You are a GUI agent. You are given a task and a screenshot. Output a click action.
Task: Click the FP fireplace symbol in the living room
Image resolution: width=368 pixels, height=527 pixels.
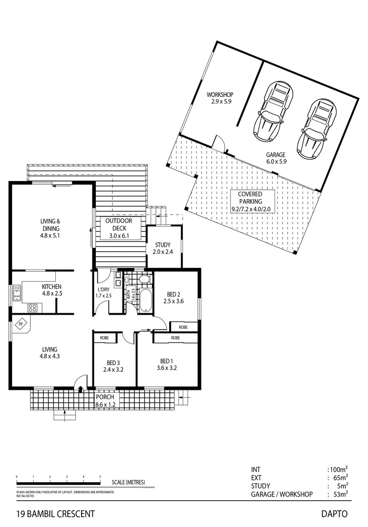pos(21,324)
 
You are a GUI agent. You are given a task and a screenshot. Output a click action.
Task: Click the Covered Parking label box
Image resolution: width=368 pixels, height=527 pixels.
pos(250,202)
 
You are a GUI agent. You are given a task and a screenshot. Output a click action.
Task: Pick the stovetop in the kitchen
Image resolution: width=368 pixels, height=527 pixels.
pos(33,308)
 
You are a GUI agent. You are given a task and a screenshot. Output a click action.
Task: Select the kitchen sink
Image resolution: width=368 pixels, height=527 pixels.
pos(17,293)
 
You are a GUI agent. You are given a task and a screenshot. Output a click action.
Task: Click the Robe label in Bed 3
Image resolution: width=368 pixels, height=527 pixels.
pos(104,337)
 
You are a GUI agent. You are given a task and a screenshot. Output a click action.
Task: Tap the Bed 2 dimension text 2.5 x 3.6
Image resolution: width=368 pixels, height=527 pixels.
pos(174,301)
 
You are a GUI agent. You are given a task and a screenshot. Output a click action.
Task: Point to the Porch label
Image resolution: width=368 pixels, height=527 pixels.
pos(105,397)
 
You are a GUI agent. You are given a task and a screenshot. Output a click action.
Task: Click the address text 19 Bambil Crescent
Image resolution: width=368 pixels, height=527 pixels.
pos(55,514)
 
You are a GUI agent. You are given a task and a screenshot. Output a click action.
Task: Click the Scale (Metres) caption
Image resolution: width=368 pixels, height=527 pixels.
pos(129,482)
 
